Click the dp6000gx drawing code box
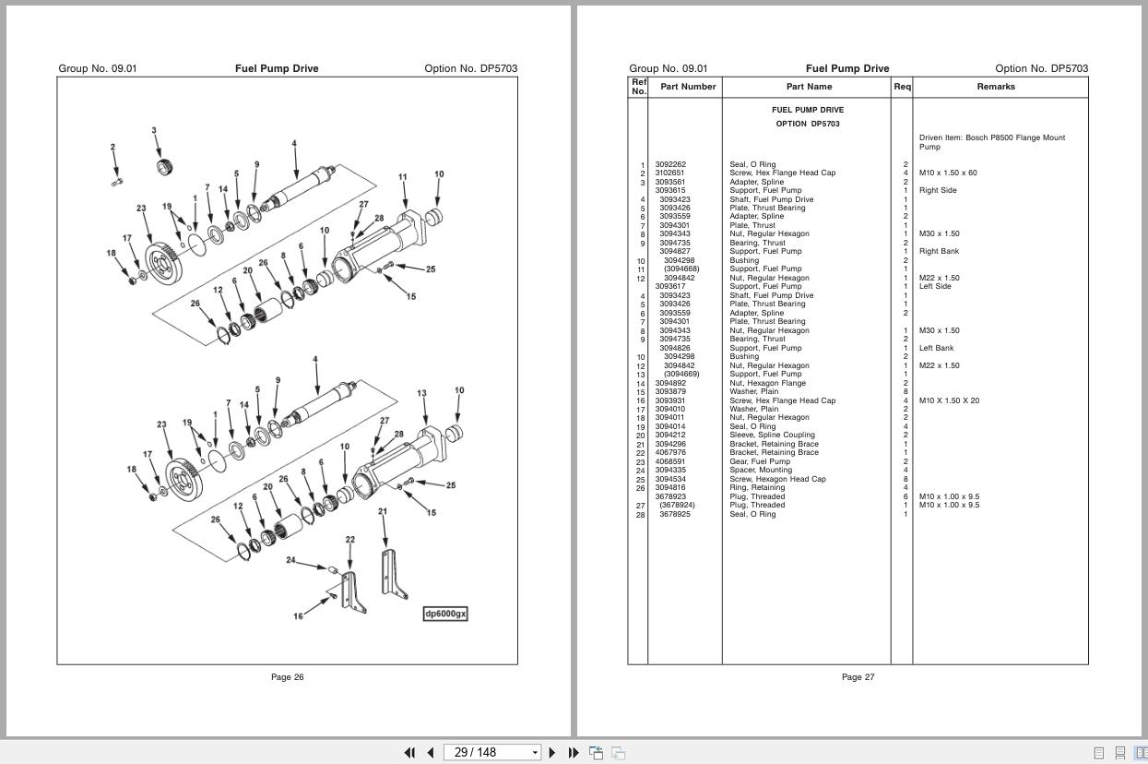[445, 614]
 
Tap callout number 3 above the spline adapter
[154, 131]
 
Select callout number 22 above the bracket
[350, 540]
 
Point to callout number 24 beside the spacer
[290, 560]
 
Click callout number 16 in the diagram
[298, 616]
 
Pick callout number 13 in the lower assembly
[421, 393]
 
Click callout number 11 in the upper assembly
[402, 177]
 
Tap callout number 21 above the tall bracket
[383, 511]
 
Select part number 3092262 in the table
[670, 164]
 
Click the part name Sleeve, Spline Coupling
[773, 435]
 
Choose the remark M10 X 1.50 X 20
[949, 400]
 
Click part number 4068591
[670, 461]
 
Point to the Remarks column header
[996, 87]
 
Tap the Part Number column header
[688, 87]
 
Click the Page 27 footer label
[858, 677]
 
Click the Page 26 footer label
[287, 677]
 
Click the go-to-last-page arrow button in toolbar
[574, 752]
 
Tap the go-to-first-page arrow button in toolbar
[409, 752]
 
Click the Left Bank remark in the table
[936, 348]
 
